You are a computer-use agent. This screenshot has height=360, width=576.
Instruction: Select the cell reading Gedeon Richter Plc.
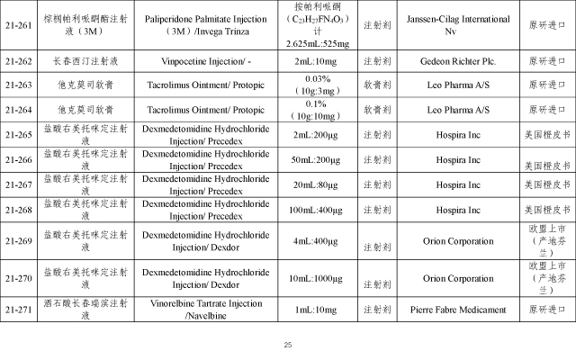click(447, 62)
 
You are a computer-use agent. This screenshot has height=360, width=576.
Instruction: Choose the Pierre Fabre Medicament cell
click(447, 310)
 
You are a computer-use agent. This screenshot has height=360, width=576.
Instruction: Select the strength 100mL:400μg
click(316, 210)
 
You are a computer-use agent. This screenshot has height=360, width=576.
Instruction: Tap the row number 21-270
click(19, 279)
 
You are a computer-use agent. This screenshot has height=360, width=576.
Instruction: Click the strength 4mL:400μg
click(316, 242)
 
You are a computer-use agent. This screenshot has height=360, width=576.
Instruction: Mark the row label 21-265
click(19, 134)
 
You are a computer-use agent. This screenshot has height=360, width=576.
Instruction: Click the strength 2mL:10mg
click(316, 62)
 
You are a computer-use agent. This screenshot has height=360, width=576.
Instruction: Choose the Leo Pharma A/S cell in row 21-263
click(447, 85)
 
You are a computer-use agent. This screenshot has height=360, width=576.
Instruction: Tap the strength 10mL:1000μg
click(316, 280)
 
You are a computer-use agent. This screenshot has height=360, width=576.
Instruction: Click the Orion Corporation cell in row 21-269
click(447, 241)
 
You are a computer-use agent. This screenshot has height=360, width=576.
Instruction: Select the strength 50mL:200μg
click(316, 159)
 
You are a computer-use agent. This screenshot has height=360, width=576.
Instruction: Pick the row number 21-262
click(19, 62)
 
